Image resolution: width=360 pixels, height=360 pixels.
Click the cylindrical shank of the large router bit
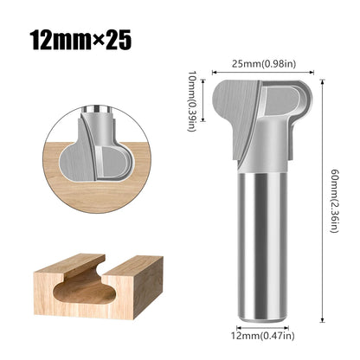coord(261,242)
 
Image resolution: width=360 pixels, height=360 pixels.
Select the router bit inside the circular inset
coord(100,143)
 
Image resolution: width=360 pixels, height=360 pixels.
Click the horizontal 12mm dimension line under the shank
coord(261,325)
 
